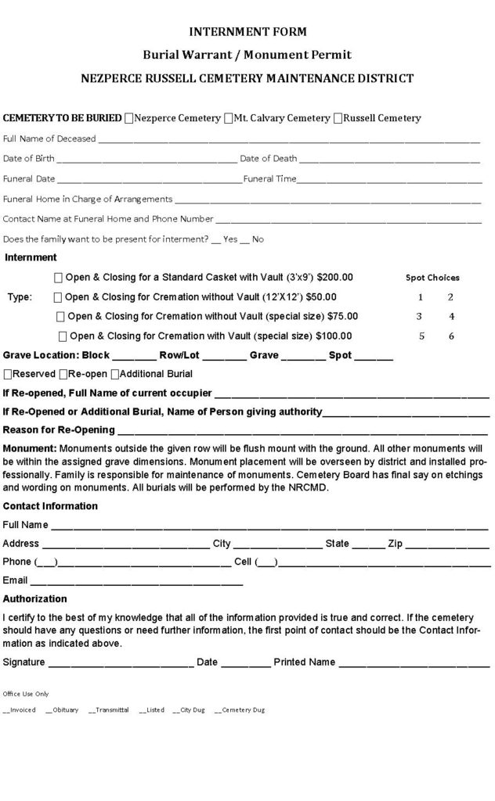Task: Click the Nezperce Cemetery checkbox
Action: (x=129, y=119)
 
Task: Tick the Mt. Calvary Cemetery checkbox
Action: (x=229, y=119)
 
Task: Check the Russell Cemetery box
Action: (x=338, y=119)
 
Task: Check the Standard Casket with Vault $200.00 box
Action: (x=59, y=278)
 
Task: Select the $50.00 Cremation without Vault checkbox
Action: (x=58, y=297)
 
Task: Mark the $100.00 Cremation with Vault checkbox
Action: (x=63, y=336)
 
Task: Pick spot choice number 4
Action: (x=452, y=317)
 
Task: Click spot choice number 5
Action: (x=421, y=336)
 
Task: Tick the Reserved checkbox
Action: (x=8, y=375)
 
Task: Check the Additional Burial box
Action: (x=115, y=375)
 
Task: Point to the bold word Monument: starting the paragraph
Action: (x=30, y=449)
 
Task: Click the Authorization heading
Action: (x=35, y=599)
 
